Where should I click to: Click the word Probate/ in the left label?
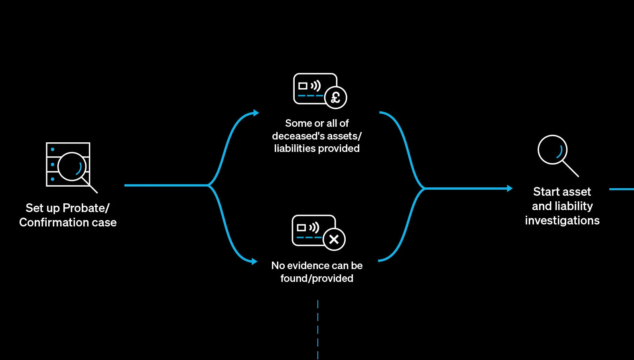tap(86, 208)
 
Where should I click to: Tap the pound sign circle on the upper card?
tap(336, 97)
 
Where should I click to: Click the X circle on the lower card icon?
tap(334, 239)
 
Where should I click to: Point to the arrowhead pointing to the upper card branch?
tap(256, 113)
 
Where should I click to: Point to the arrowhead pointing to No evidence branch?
tap(254, 261)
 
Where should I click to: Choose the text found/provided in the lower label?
tap(317, 278)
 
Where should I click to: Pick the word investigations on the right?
tap(562, 220)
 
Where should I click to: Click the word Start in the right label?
tap(546, 192)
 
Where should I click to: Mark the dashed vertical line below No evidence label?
tap(318, 329)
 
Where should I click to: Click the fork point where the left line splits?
tap(208, 185)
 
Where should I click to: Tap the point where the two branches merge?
tap(424, 188)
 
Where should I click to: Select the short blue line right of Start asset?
tap(621, 189)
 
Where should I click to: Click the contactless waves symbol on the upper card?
tap(316, 85)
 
